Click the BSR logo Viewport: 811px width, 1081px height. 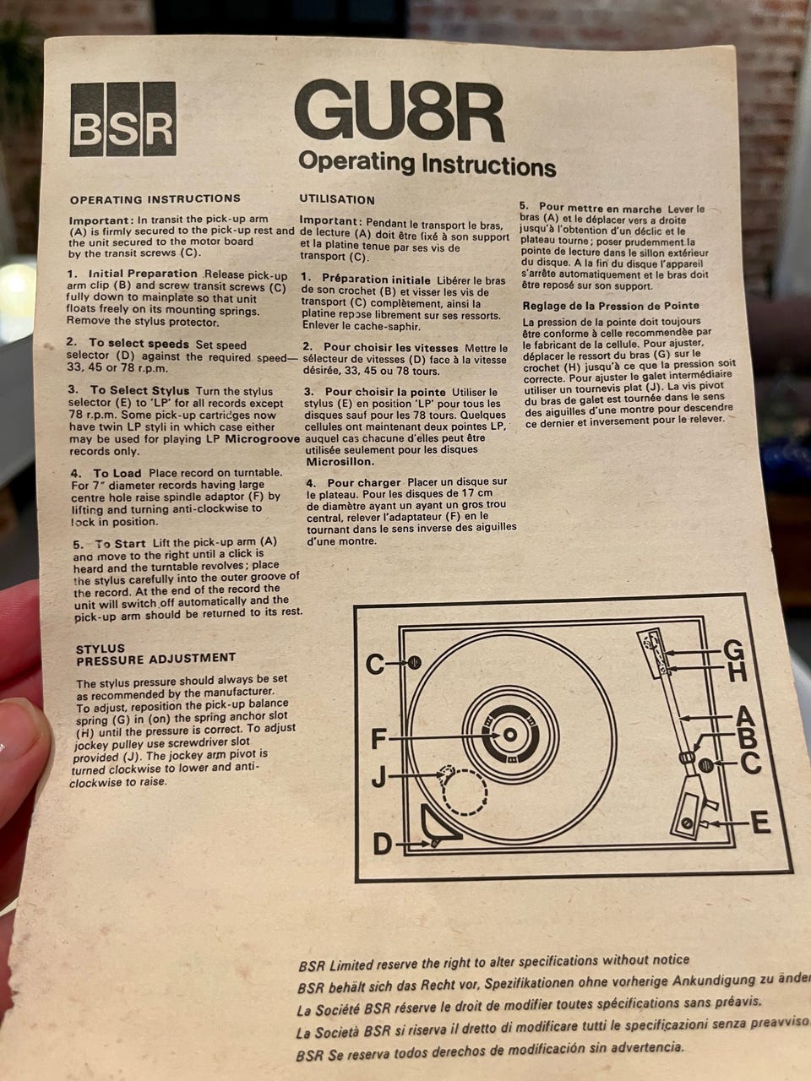click(x=122, y=119)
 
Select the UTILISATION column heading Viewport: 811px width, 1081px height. click(x=337, y=199)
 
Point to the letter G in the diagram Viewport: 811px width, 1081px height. click(x=733, y=651)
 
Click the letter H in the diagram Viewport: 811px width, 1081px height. click(x=738, y=672)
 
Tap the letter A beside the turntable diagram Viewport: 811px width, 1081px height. click(x=744, y=716)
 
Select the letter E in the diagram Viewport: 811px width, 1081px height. click(x=761, y=823)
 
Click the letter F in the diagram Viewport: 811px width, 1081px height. click(x=378, y=739)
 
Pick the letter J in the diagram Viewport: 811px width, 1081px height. click(x=378, y=778)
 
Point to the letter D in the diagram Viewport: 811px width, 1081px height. click(x=383, y=845)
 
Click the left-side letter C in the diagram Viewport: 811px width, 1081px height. click(x=375, y=665)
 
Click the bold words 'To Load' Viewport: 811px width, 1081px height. click(x=117, y=473)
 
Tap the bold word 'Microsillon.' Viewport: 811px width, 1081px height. click(x=340, y=461)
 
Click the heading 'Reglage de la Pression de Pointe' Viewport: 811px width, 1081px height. click(x=611, y=306)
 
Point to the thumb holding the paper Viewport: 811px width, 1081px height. click(x=22, y=769)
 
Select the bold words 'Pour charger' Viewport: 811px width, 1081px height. click(x=364, y=482)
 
